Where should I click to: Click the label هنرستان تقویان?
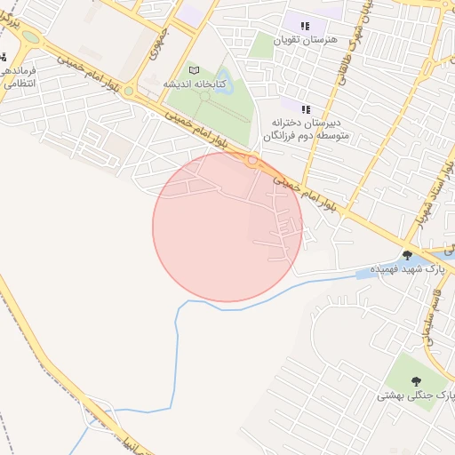tap(306, 41)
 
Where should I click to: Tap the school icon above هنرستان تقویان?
tap(306, 26)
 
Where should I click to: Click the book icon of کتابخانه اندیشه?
tap(194, 69)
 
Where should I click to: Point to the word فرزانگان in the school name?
tap(283, 137)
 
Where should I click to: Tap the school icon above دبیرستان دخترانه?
tap(306, 108)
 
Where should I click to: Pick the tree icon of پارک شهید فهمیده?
tap(407, 255)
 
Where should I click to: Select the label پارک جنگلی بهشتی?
tap(415, 394)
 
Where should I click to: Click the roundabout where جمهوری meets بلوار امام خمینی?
tap(130, 90)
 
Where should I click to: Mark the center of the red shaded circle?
tap(227, 227)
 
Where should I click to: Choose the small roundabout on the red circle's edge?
tap(253, 161)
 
